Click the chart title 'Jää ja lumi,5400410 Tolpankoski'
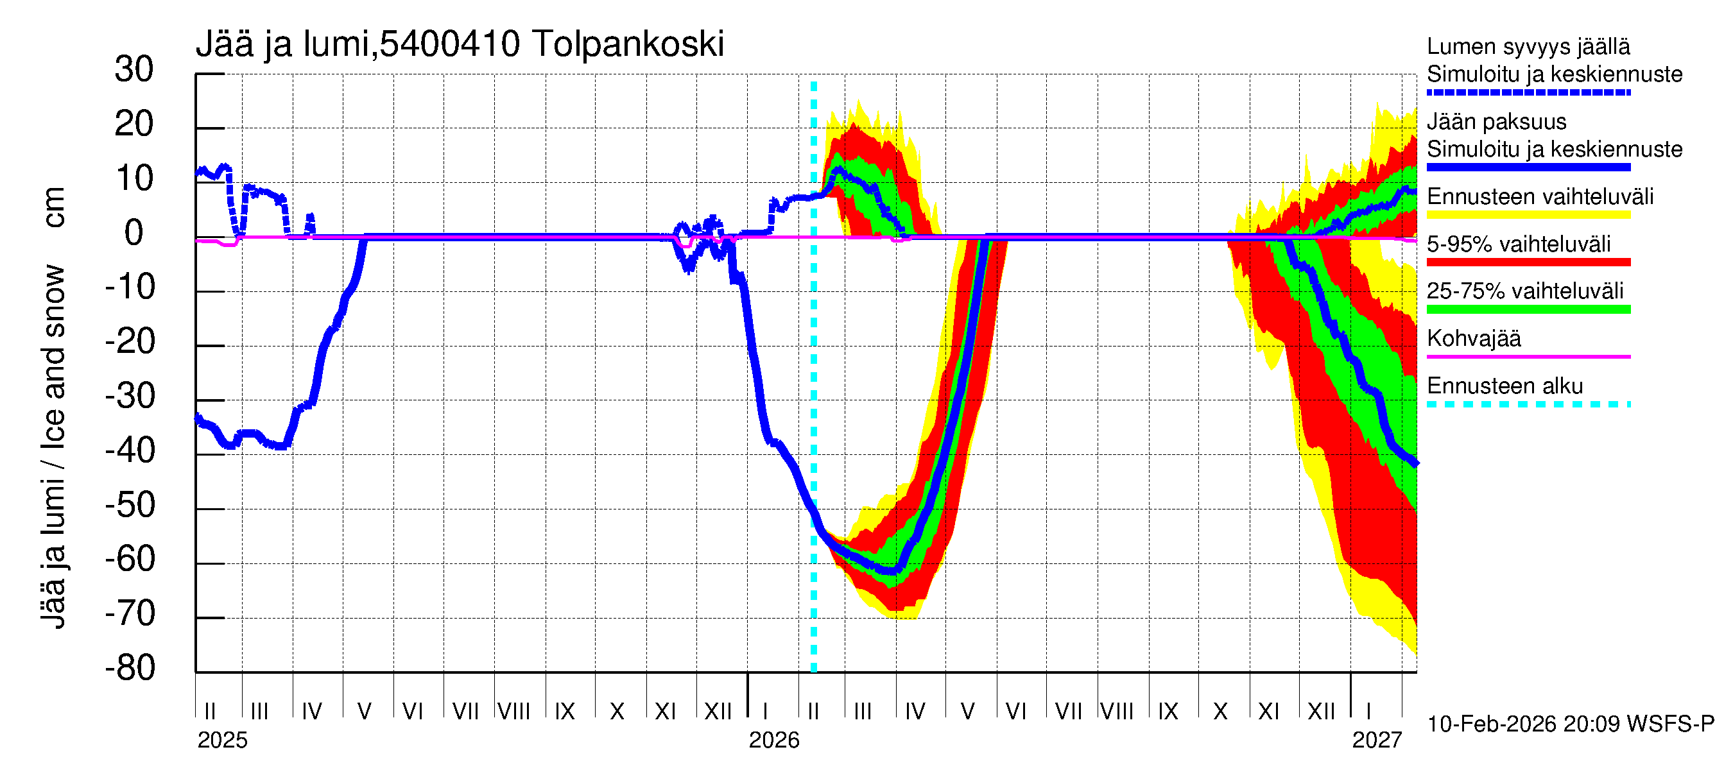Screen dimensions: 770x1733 point(460,44)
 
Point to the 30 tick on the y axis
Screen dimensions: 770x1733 point(135,69)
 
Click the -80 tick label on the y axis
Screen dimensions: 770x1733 point(130,668)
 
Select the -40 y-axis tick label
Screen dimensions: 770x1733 point(130,450)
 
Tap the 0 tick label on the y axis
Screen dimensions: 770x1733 point(134,233)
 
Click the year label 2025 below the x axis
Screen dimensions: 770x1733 point(223,740)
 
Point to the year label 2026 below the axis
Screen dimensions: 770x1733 point(773,740)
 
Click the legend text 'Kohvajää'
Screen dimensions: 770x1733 point(1474,339)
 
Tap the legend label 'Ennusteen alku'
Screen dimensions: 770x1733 point(1505,387)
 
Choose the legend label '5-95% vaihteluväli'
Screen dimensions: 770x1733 point(1519,244)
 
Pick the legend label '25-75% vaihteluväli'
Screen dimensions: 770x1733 point(1525,291)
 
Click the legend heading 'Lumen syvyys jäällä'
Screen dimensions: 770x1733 point(1528,47)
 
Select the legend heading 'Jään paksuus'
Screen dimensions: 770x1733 point(1497,122)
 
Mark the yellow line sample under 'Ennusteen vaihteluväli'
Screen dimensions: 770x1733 point(1528,215)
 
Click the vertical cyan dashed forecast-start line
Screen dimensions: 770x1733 point(814,404)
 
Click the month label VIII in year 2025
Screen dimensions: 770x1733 point(514,712)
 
